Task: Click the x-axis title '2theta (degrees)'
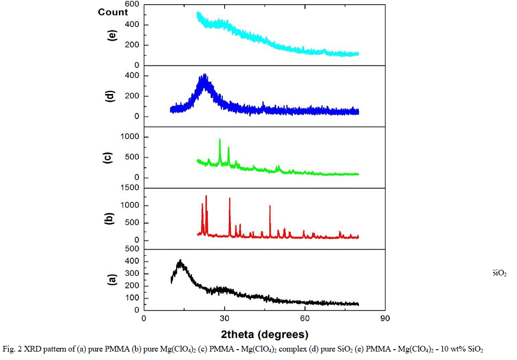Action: click(265, 335)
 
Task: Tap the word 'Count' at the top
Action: click(113, 12)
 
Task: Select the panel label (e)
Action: click(112, 35)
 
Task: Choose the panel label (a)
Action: click(112, 280)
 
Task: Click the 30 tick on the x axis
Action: click(224, 318)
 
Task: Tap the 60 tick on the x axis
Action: click(305, 318)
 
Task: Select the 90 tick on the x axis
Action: click(385, 318)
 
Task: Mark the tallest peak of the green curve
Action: click(219, 140)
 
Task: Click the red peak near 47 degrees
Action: click(270, 206)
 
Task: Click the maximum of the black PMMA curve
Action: click(180, 260)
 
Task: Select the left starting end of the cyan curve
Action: click(198, 14)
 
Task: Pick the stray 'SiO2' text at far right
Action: click(499, 273)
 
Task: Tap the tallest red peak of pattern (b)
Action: click(206, 196)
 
